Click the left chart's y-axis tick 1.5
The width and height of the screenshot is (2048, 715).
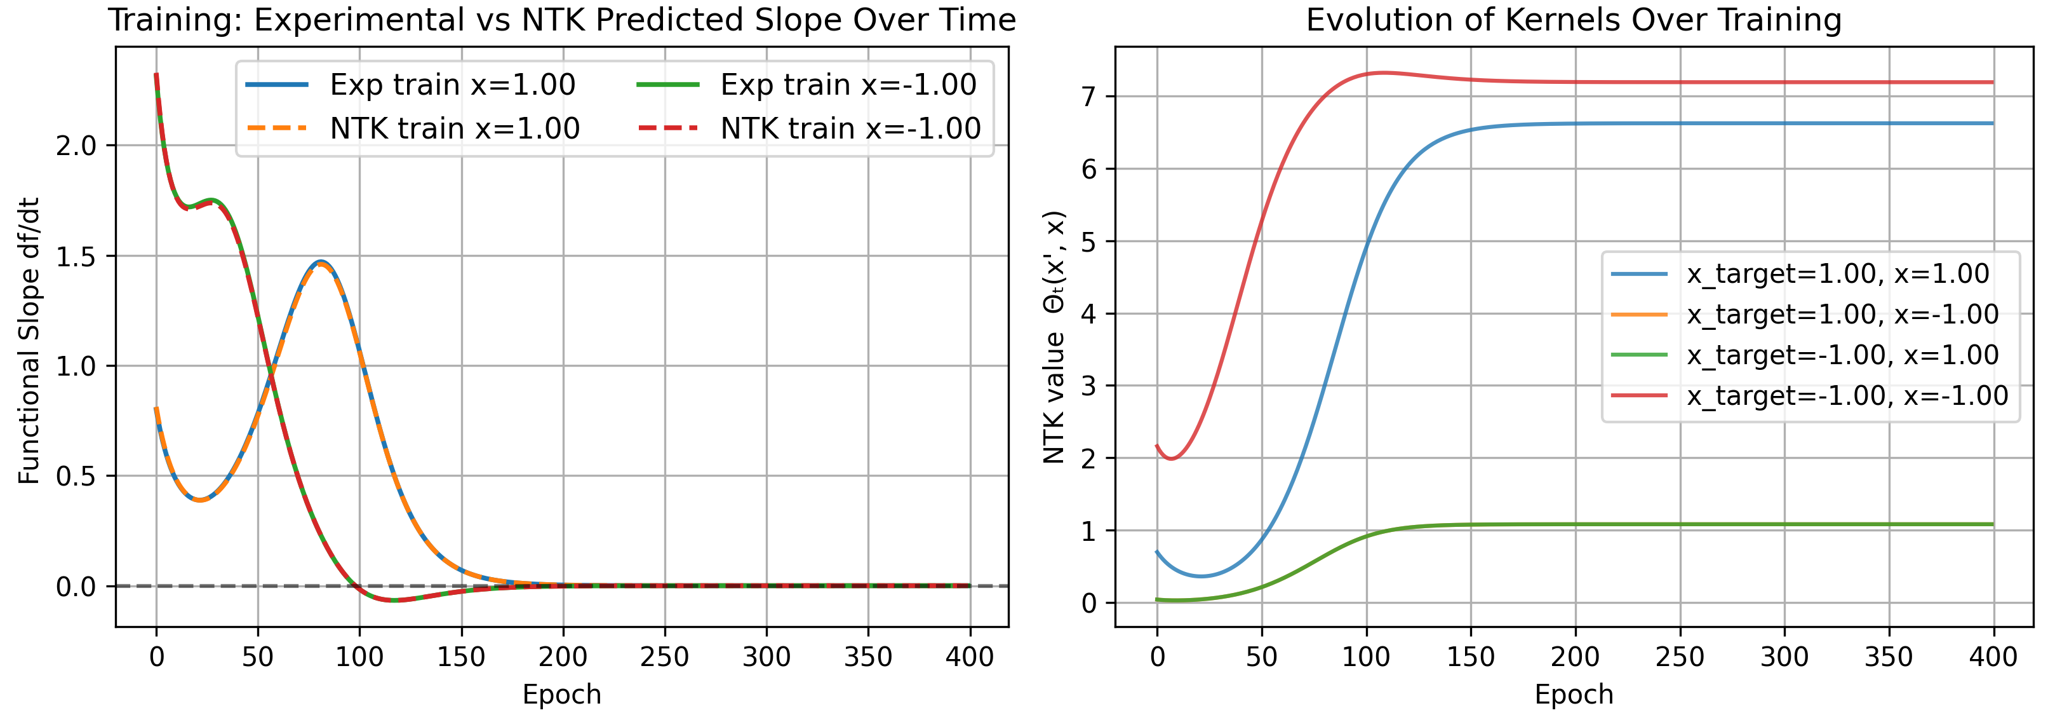click(76, 256)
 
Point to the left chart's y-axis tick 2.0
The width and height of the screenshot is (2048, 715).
click(76, 146)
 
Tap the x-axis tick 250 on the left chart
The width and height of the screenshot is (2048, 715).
click(665, 657)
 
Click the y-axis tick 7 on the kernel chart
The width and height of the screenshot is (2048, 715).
click(1088, 97)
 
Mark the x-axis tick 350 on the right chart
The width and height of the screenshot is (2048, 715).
click(1889, 657)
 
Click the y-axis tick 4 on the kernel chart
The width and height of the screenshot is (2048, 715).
click(1088, 314)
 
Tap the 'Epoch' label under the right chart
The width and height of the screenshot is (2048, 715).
click(1574, 694)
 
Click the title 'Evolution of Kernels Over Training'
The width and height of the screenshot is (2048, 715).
click(1574, 20)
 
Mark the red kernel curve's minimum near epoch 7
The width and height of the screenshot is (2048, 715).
click(1171, 459)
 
